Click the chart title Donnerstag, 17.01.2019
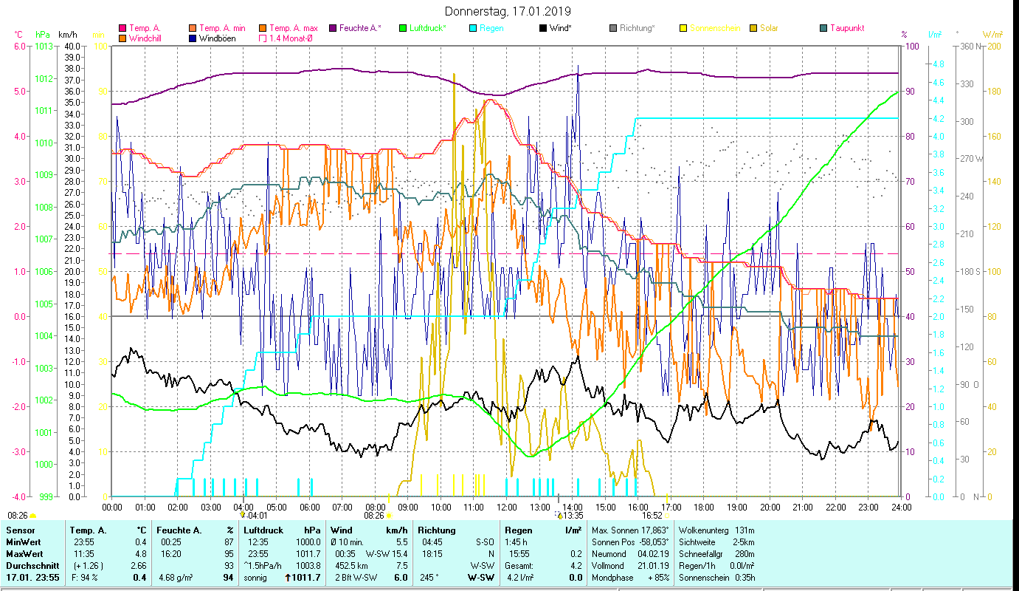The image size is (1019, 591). point(508,12)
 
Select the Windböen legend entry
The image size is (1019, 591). point(217,38)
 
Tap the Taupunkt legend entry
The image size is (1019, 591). point(846,28)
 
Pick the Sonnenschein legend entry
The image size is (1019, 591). point(714,28)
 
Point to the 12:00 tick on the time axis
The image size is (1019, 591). point(507,507)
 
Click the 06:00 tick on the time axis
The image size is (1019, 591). point(309,507)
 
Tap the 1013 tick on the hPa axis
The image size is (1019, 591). point(44,46)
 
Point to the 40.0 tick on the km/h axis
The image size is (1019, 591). point(72,46)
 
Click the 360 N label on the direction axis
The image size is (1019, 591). point(971,46)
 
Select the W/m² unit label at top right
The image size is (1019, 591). point(992,34)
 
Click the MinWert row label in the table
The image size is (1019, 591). point(23,542)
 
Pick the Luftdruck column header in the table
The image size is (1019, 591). point(264,530)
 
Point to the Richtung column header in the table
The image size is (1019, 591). point(437,530)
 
